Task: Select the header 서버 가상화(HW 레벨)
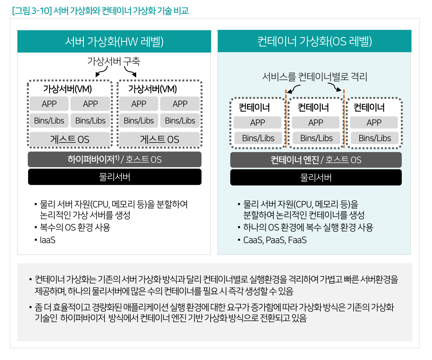(114, 41)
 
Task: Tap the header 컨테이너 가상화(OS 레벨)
(315, 41)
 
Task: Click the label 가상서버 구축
(113, 61)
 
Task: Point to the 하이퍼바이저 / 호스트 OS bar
(114, 159)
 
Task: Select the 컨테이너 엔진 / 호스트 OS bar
(316, 160)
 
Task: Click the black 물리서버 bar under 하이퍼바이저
(114, 177)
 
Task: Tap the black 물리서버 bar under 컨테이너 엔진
(316, 177)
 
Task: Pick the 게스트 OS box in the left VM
(69, 139)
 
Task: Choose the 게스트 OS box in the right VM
(159, 139)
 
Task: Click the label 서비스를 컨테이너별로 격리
(315, 77)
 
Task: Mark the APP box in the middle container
(315, 123)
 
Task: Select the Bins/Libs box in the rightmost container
(374, 138)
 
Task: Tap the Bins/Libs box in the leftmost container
(258, 138)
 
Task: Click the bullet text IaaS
(48, 240)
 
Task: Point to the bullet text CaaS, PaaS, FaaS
(275, 240)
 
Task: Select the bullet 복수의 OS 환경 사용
(75, 228)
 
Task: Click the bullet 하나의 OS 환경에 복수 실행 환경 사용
(308, 228)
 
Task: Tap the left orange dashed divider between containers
(286, 119)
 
